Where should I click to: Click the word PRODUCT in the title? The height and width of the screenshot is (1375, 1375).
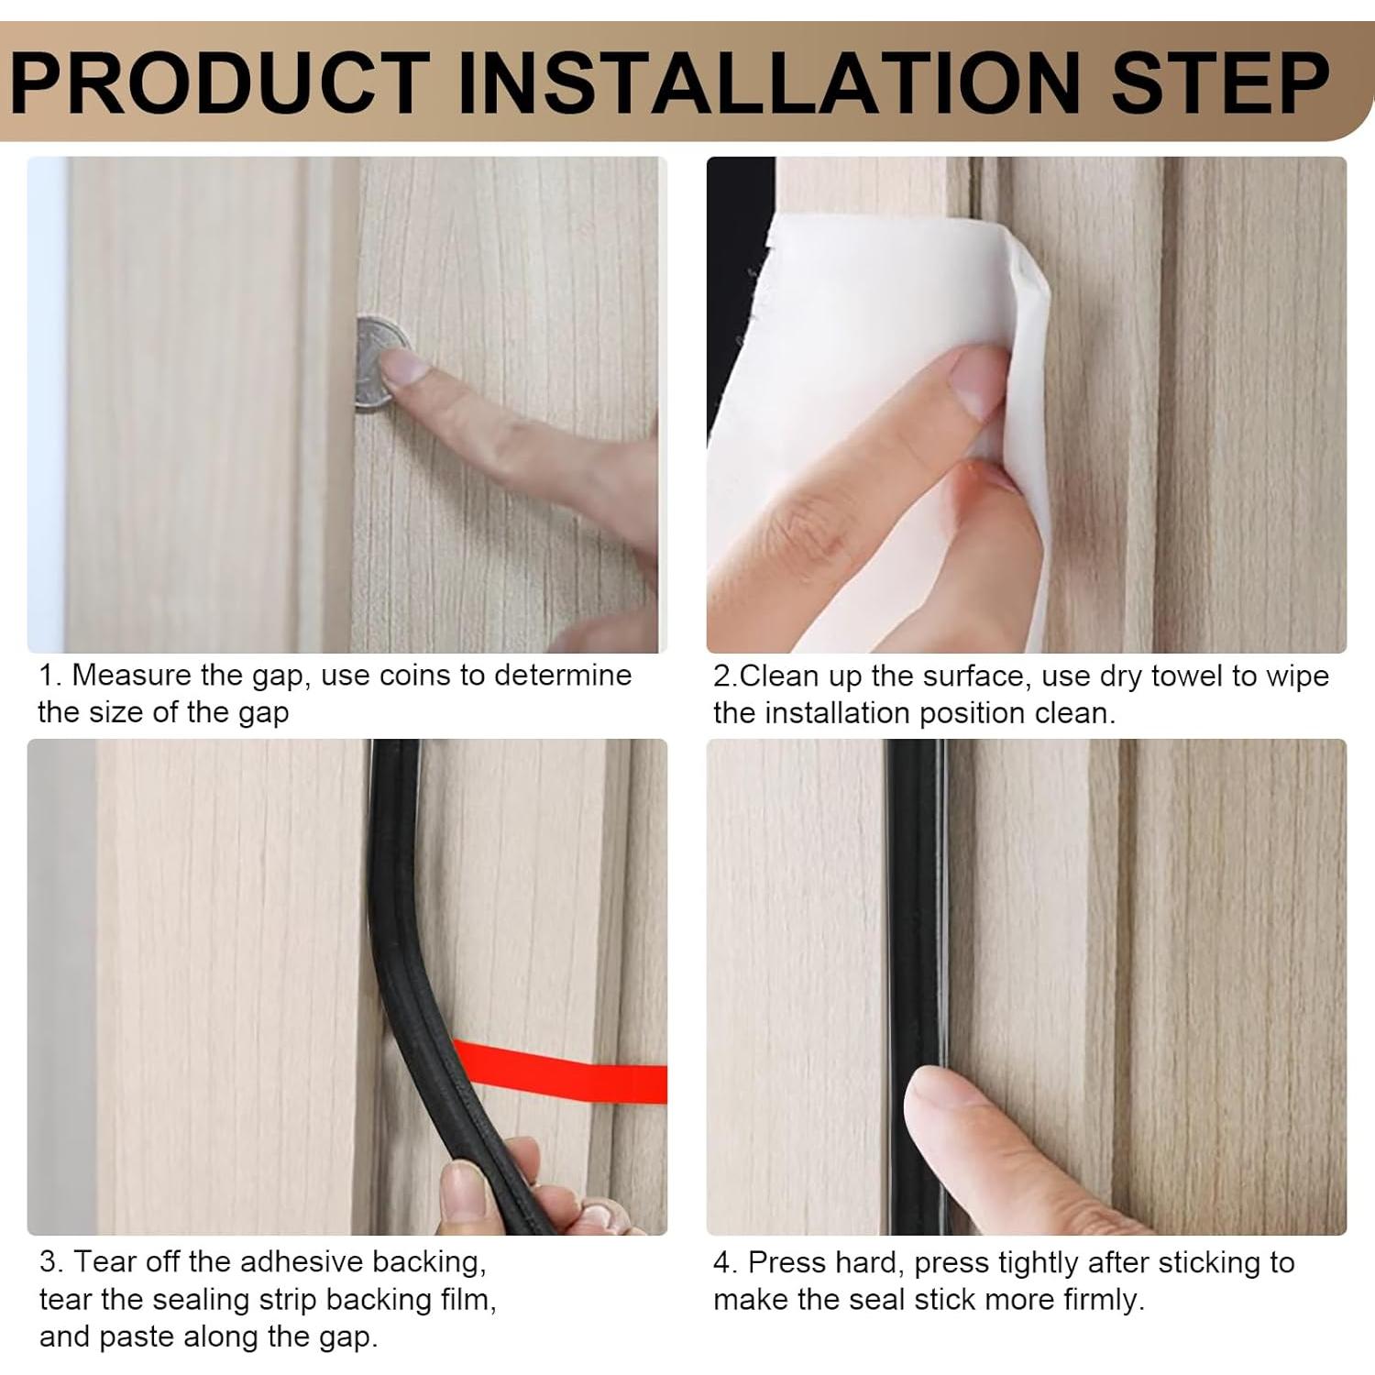221,82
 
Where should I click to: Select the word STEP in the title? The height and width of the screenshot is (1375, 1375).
1220,82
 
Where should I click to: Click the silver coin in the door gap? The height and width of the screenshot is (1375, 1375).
379,364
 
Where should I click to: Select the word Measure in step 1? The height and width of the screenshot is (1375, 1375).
132,676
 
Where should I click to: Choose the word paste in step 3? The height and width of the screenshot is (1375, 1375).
134,1338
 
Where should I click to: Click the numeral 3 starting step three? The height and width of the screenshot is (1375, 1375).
48,1262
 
